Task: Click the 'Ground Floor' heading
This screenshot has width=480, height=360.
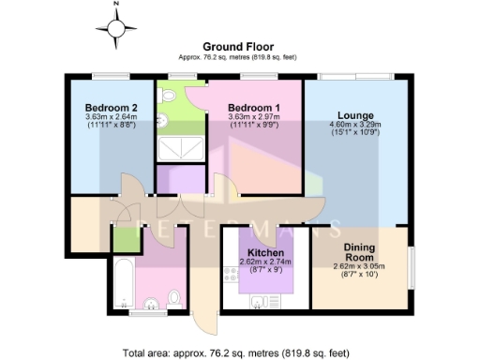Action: click(239, 47)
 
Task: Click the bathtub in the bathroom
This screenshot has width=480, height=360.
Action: click(122, 280)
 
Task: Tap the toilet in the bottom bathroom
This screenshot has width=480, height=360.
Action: click(173, 298)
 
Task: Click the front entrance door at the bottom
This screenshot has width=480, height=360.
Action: click(200, 319)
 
